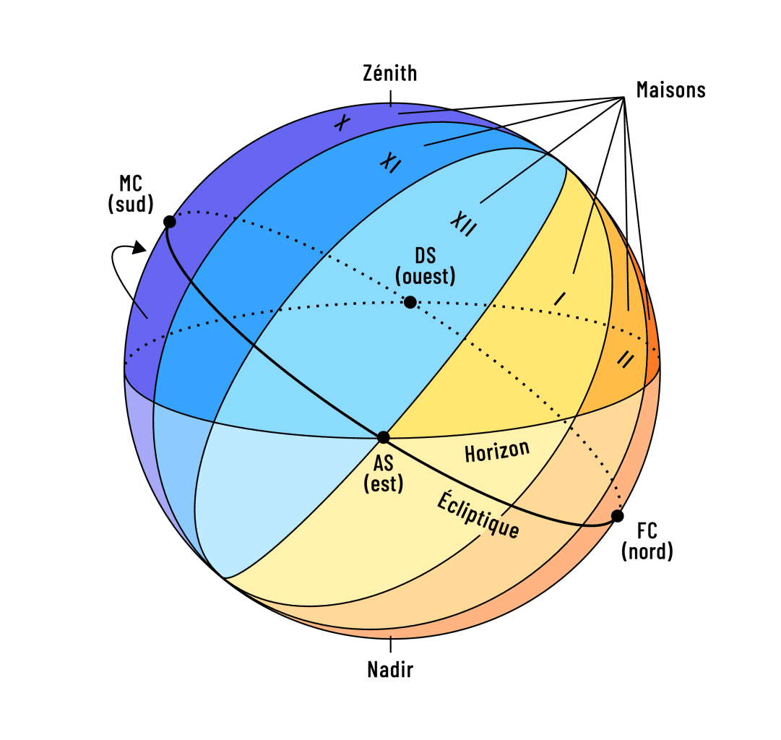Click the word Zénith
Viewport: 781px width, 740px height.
point(390,74)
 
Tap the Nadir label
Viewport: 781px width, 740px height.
point(390,670)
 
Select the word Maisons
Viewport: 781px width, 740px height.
point(670,90)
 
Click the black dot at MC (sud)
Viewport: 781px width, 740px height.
point(169,222)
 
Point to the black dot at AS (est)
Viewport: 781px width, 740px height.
point(384,437)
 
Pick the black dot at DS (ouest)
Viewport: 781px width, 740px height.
point(410,302)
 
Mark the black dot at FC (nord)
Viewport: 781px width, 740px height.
point(617,516)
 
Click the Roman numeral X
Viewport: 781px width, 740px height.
point(342,123)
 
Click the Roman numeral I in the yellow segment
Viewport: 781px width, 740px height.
point(559,298)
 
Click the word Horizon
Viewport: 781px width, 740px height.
point(497,452)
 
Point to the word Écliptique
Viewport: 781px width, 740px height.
point(478,515)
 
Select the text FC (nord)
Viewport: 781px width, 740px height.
point(647,542)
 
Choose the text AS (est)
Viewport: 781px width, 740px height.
point(384,474)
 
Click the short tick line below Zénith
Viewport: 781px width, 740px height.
point(390,98)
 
